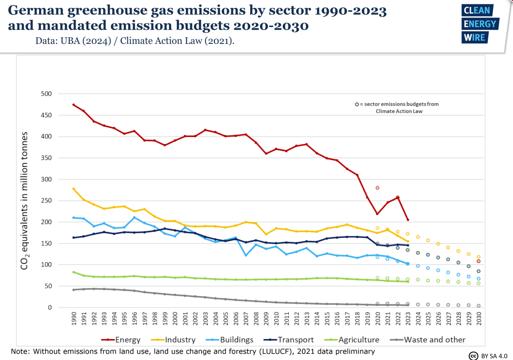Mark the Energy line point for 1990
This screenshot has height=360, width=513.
pyautogui.click(x=73, y=105)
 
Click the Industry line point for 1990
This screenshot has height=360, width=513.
pyautogui.click(x=73, y=189)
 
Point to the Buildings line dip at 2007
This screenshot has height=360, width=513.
pyautogui.click(x=246, y=255)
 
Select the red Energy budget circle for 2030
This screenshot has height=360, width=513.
pyautogui.click(x=479, y=261)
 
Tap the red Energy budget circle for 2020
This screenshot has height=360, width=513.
pyautogui.click(x=377, y=188)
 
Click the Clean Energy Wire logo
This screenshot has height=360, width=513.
pyautogui.click(x=480, y=24)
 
